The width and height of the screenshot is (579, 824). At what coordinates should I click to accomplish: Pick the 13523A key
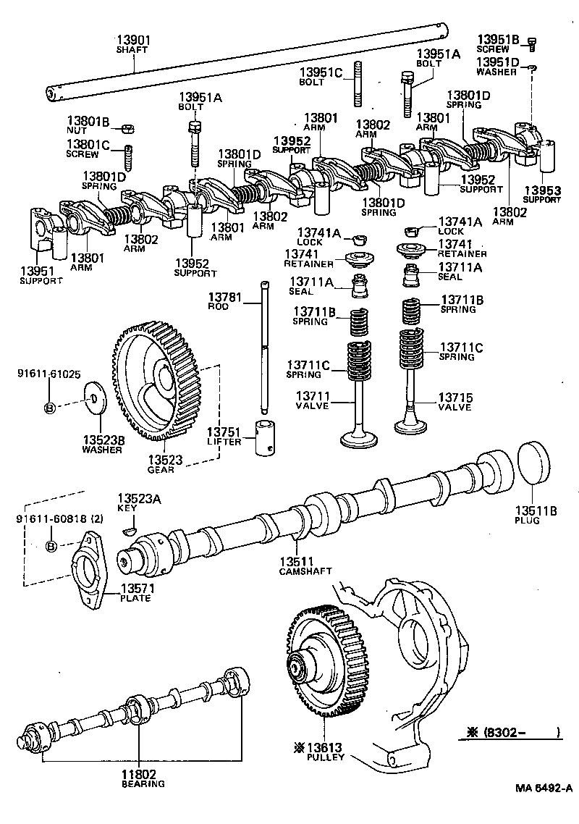coord(129,530)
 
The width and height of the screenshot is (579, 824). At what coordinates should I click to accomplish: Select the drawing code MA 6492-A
coord(544,788)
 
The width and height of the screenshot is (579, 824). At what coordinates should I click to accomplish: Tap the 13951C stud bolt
coord(358,85)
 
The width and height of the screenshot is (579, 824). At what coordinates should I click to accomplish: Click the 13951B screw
coord(532,44)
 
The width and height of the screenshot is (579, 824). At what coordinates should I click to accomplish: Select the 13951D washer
coord(533,68)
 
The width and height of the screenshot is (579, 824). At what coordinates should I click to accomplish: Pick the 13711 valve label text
coord(312,401)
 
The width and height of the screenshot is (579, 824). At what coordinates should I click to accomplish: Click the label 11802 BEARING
coord(142,778)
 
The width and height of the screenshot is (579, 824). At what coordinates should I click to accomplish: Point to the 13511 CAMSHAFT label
coord(305,566)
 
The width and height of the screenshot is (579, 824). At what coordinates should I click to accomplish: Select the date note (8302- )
coord(511,731)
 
